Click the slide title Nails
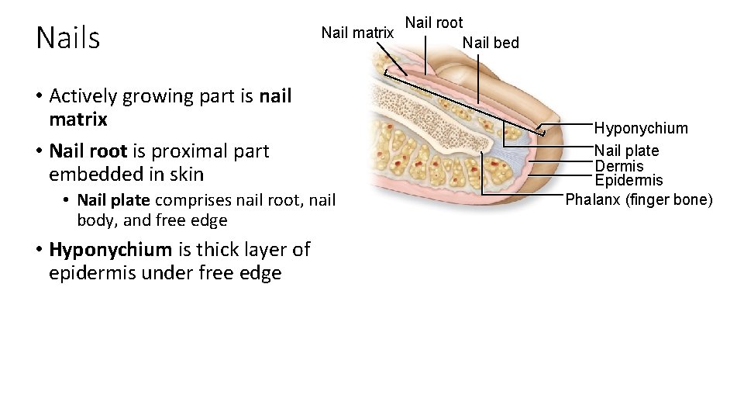(68, 38)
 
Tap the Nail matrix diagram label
(357, 33)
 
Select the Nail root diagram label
(434, 23)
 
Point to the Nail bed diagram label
(491, 43)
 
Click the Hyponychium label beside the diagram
(641, 128)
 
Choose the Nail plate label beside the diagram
(626, 151)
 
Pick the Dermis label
(618, 166)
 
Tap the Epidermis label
(629, 181)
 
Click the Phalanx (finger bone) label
(639, 199)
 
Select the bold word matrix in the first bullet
(77, 120)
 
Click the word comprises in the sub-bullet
(185, 200)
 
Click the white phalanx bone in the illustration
(434, 116)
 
